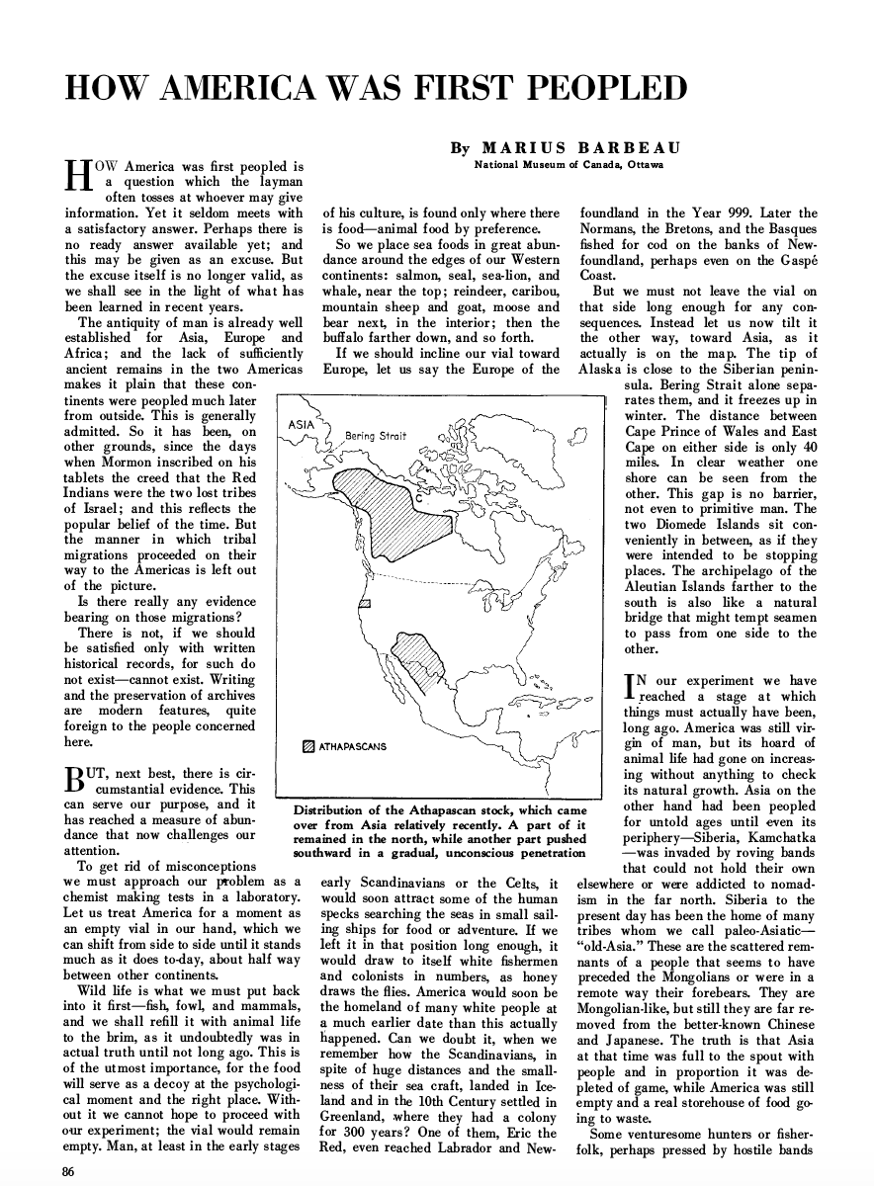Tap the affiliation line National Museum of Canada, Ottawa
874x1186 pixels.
pos(568,164)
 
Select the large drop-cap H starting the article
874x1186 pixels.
pos(76,175)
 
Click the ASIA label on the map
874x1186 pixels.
pos(300,424)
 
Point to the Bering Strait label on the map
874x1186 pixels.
pos(376,436)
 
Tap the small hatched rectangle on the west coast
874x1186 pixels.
pos(364,602)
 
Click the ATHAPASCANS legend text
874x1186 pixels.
pos(352,745)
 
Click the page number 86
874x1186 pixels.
pos(68,1171)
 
